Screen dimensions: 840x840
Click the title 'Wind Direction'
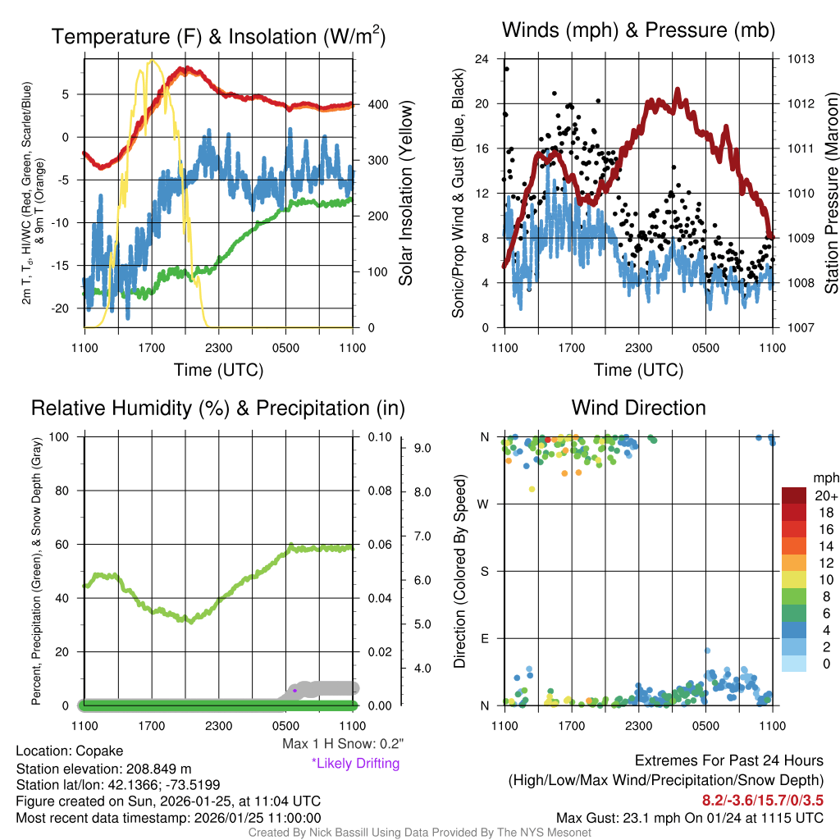tap(638, 408)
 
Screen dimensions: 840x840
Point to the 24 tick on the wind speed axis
tap(482, 59)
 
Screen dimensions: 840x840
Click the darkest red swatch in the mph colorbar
tap(795, 495)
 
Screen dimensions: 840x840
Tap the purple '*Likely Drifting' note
tap(355, 764)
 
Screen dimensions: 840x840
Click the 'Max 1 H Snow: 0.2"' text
tap(343, 744)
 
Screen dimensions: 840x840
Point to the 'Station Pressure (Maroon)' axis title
tap(830, 194)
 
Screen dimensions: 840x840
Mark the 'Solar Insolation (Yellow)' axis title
tap(406, 194)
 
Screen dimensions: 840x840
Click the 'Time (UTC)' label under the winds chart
tap(637, 370)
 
